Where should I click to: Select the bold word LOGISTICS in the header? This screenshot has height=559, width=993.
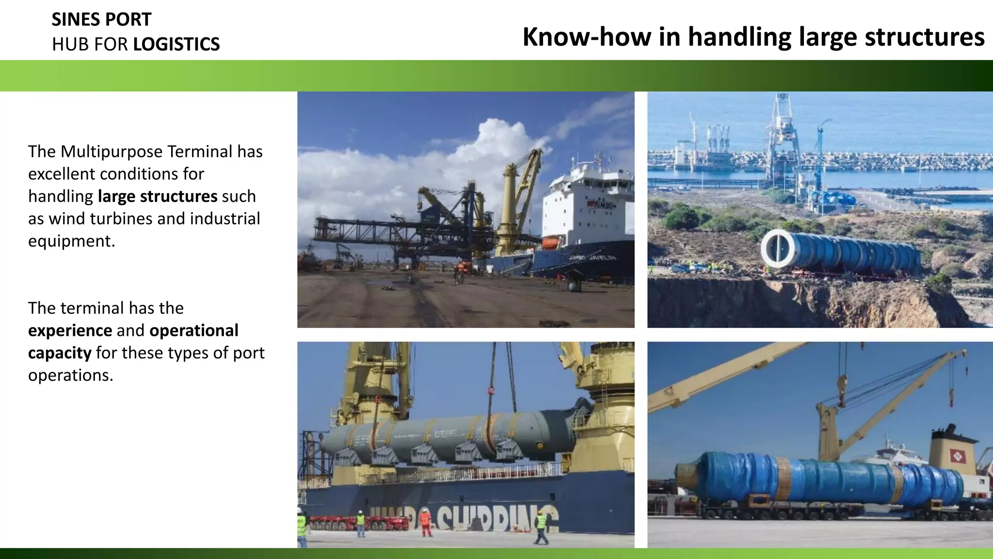(176, 44)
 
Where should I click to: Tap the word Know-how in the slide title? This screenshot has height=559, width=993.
(587, 37)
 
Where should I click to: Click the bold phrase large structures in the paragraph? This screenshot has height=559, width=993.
(158, 196)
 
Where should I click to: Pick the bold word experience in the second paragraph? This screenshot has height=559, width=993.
(70, 330)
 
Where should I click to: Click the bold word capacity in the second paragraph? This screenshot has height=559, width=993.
(59, 353)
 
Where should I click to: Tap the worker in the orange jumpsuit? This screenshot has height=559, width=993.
(426, 522)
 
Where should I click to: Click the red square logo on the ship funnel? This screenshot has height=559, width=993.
(957, 456)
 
